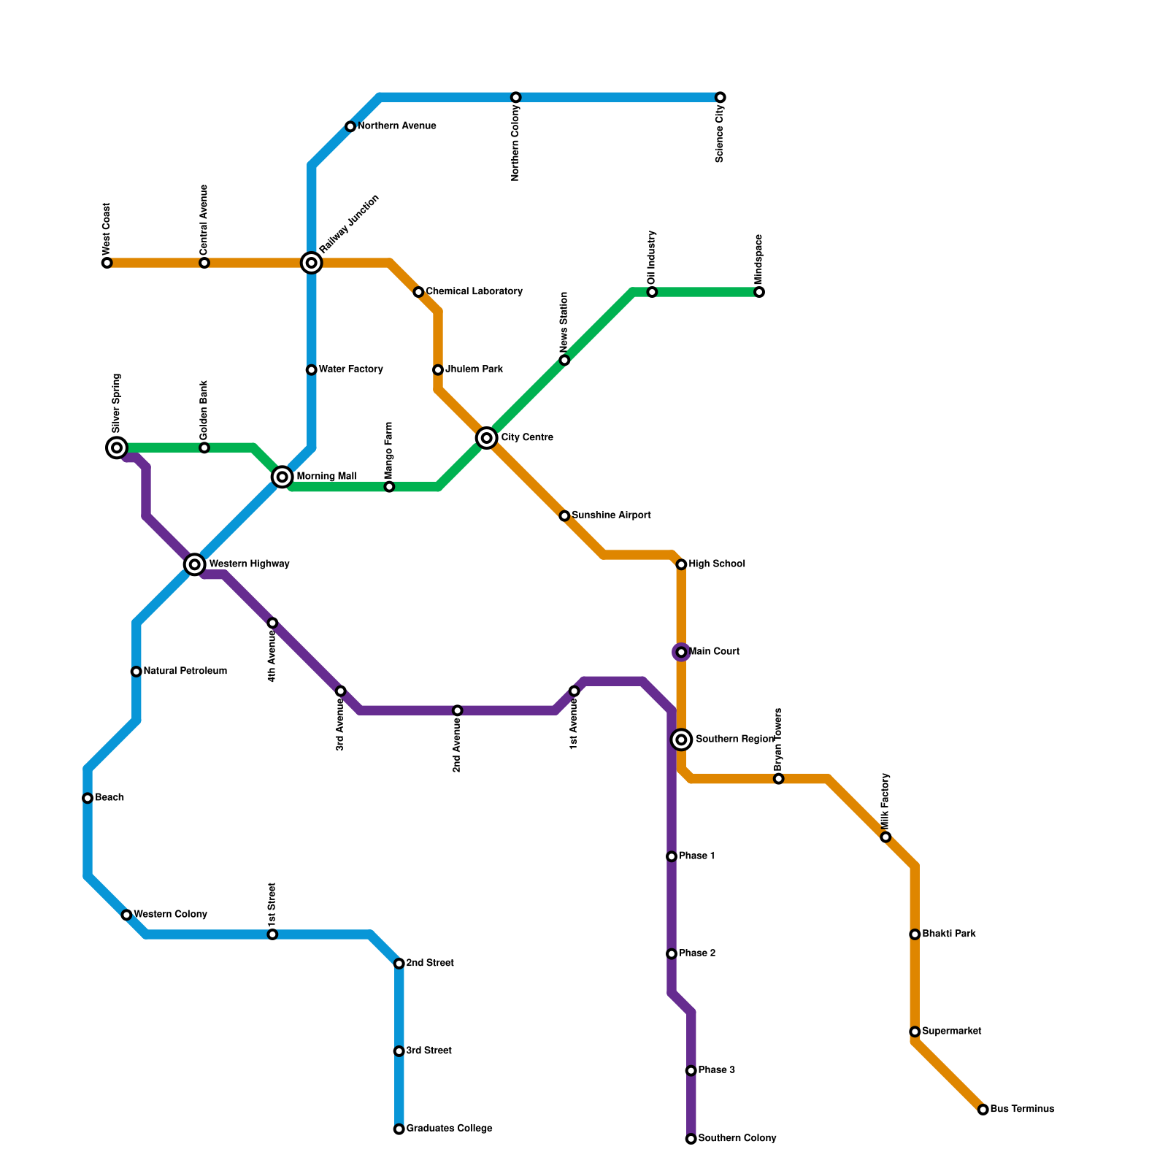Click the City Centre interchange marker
click(487, 438)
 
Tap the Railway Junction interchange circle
click(312, 263)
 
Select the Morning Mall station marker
click(283, 477)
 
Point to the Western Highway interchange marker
click(194, 564)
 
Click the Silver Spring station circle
click(117, 447)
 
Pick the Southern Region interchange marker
click(681, 740)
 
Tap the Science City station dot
click(721, 98)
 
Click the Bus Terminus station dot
click(983, 1110)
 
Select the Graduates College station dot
click(399, 1129)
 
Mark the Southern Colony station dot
click(691, 1139)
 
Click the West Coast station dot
click(107, 263)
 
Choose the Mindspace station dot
click(759, 292)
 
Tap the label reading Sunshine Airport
click(611, 515)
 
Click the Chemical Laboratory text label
click(474, 292)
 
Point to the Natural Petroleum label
click(185, 672)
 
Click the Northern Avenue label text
click(396, 126)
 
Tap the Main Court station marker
click(681, 652)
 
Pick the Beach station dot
click(88, 798)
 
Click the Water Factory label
click(350, 369)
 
